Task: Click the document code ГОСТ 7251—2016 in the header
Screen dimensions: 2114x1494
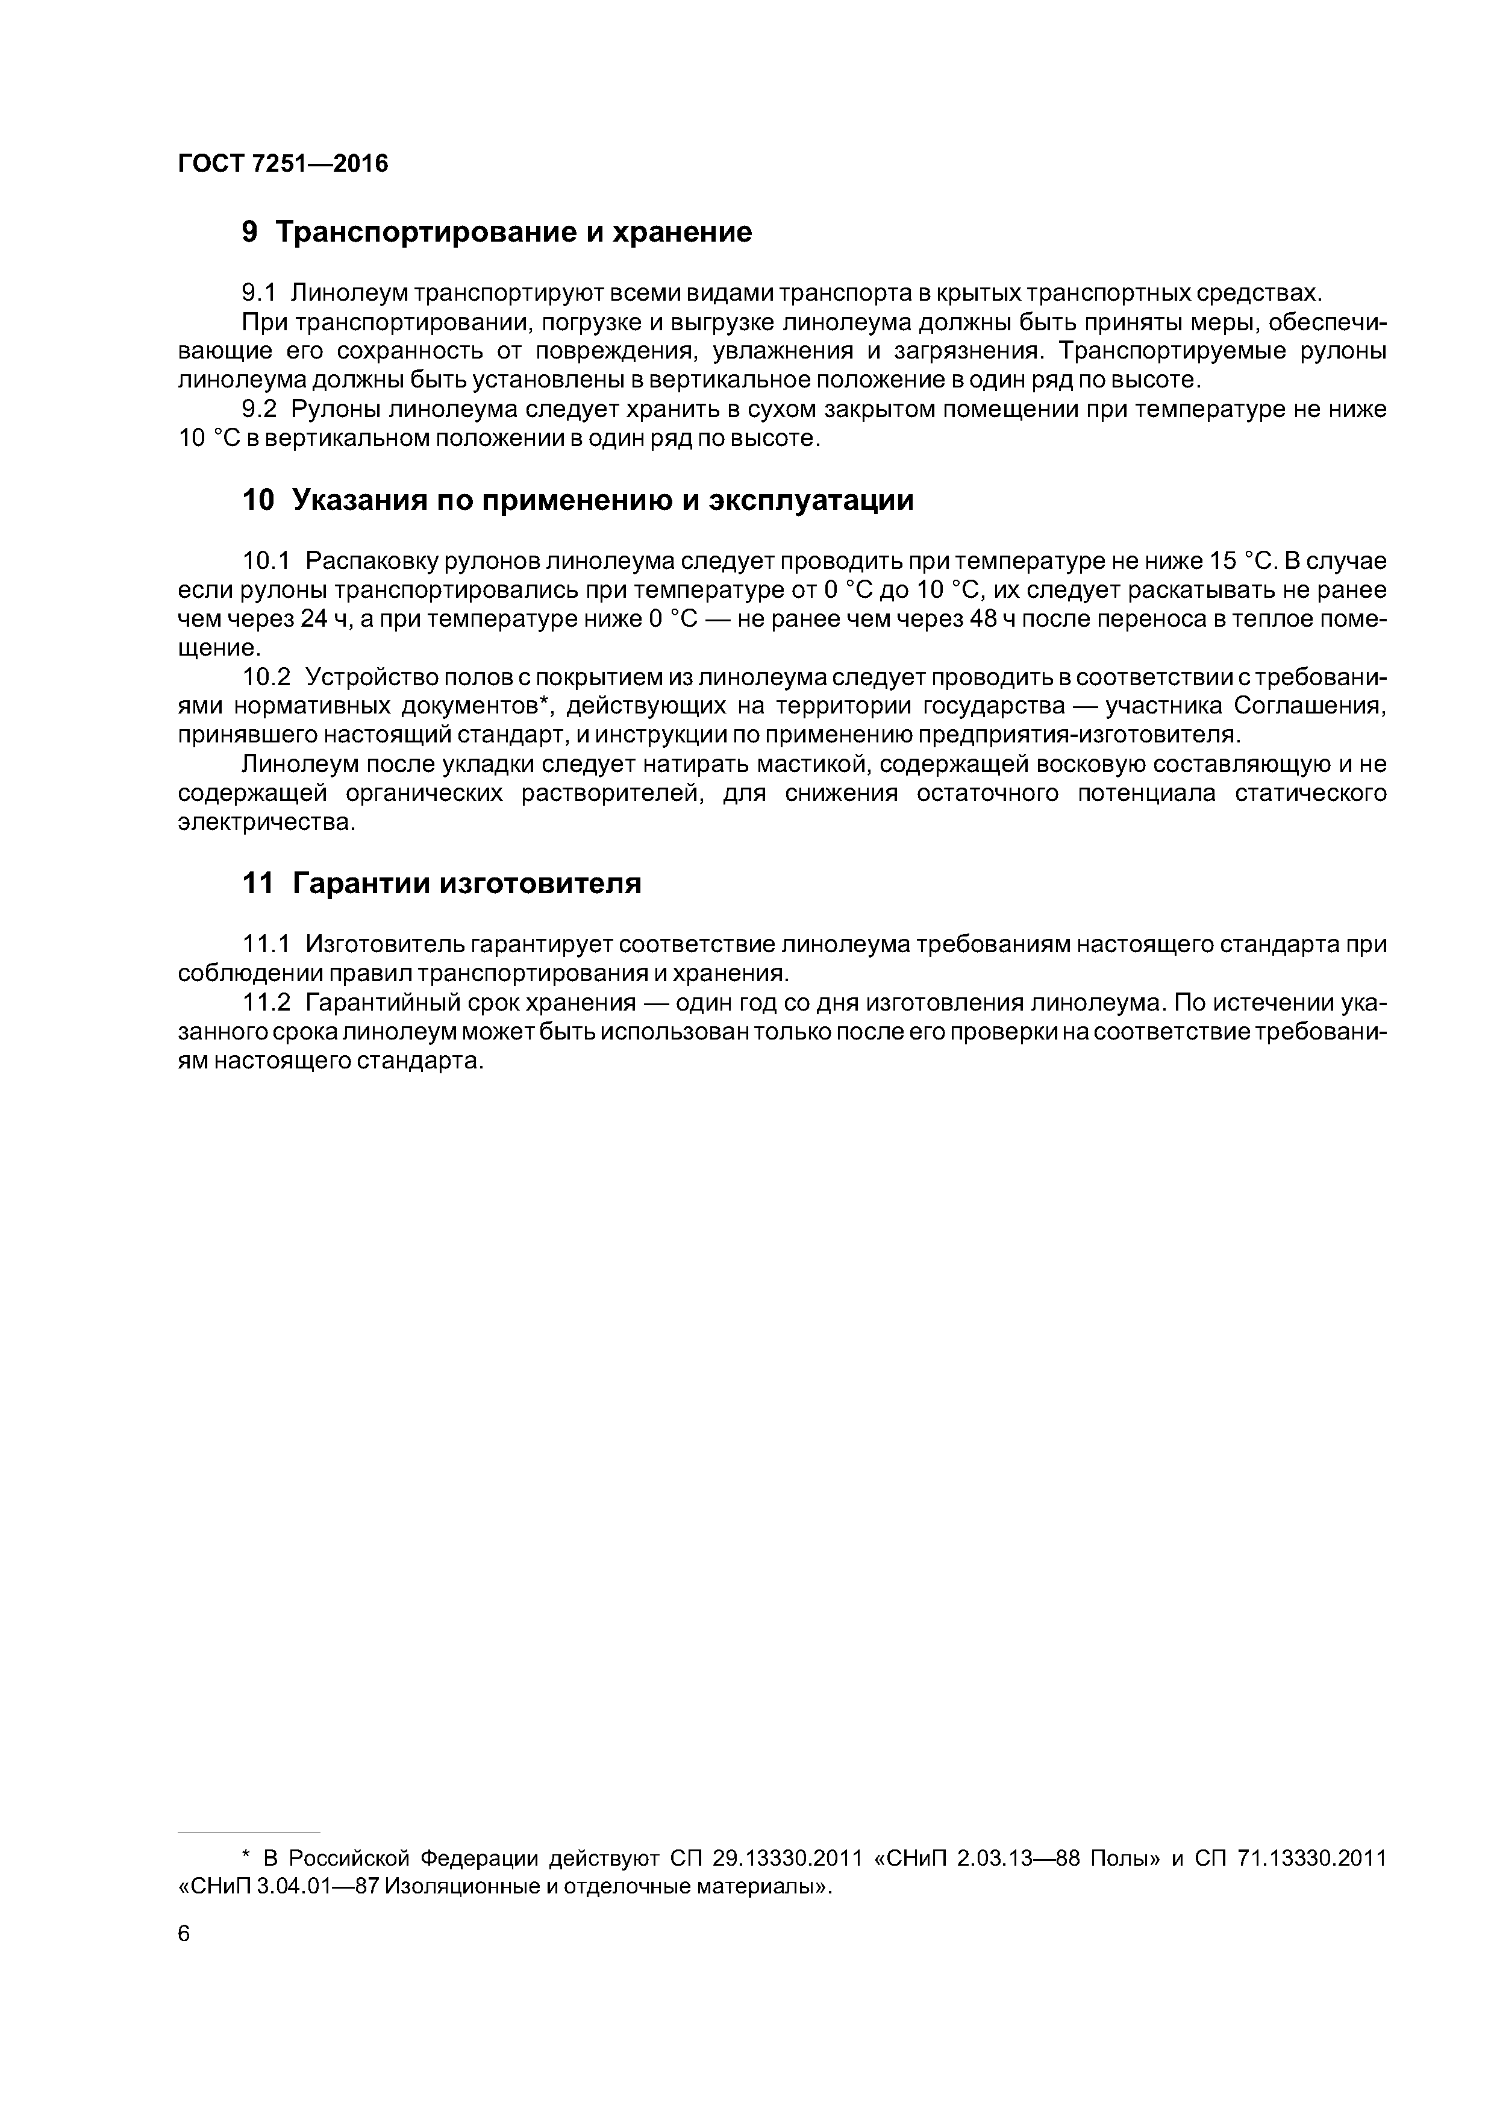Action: tap(283, 164)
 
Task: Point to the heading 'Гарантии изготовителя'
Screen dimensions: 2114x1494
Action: tap(467, 884)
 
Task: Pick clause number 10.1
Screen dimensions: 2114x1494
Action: tap(266, 560)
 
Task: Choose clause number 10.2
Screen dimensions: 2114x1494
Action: tap(266, 678)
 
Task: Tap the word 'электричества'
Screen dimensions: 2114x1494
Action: tap(265, 822)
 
